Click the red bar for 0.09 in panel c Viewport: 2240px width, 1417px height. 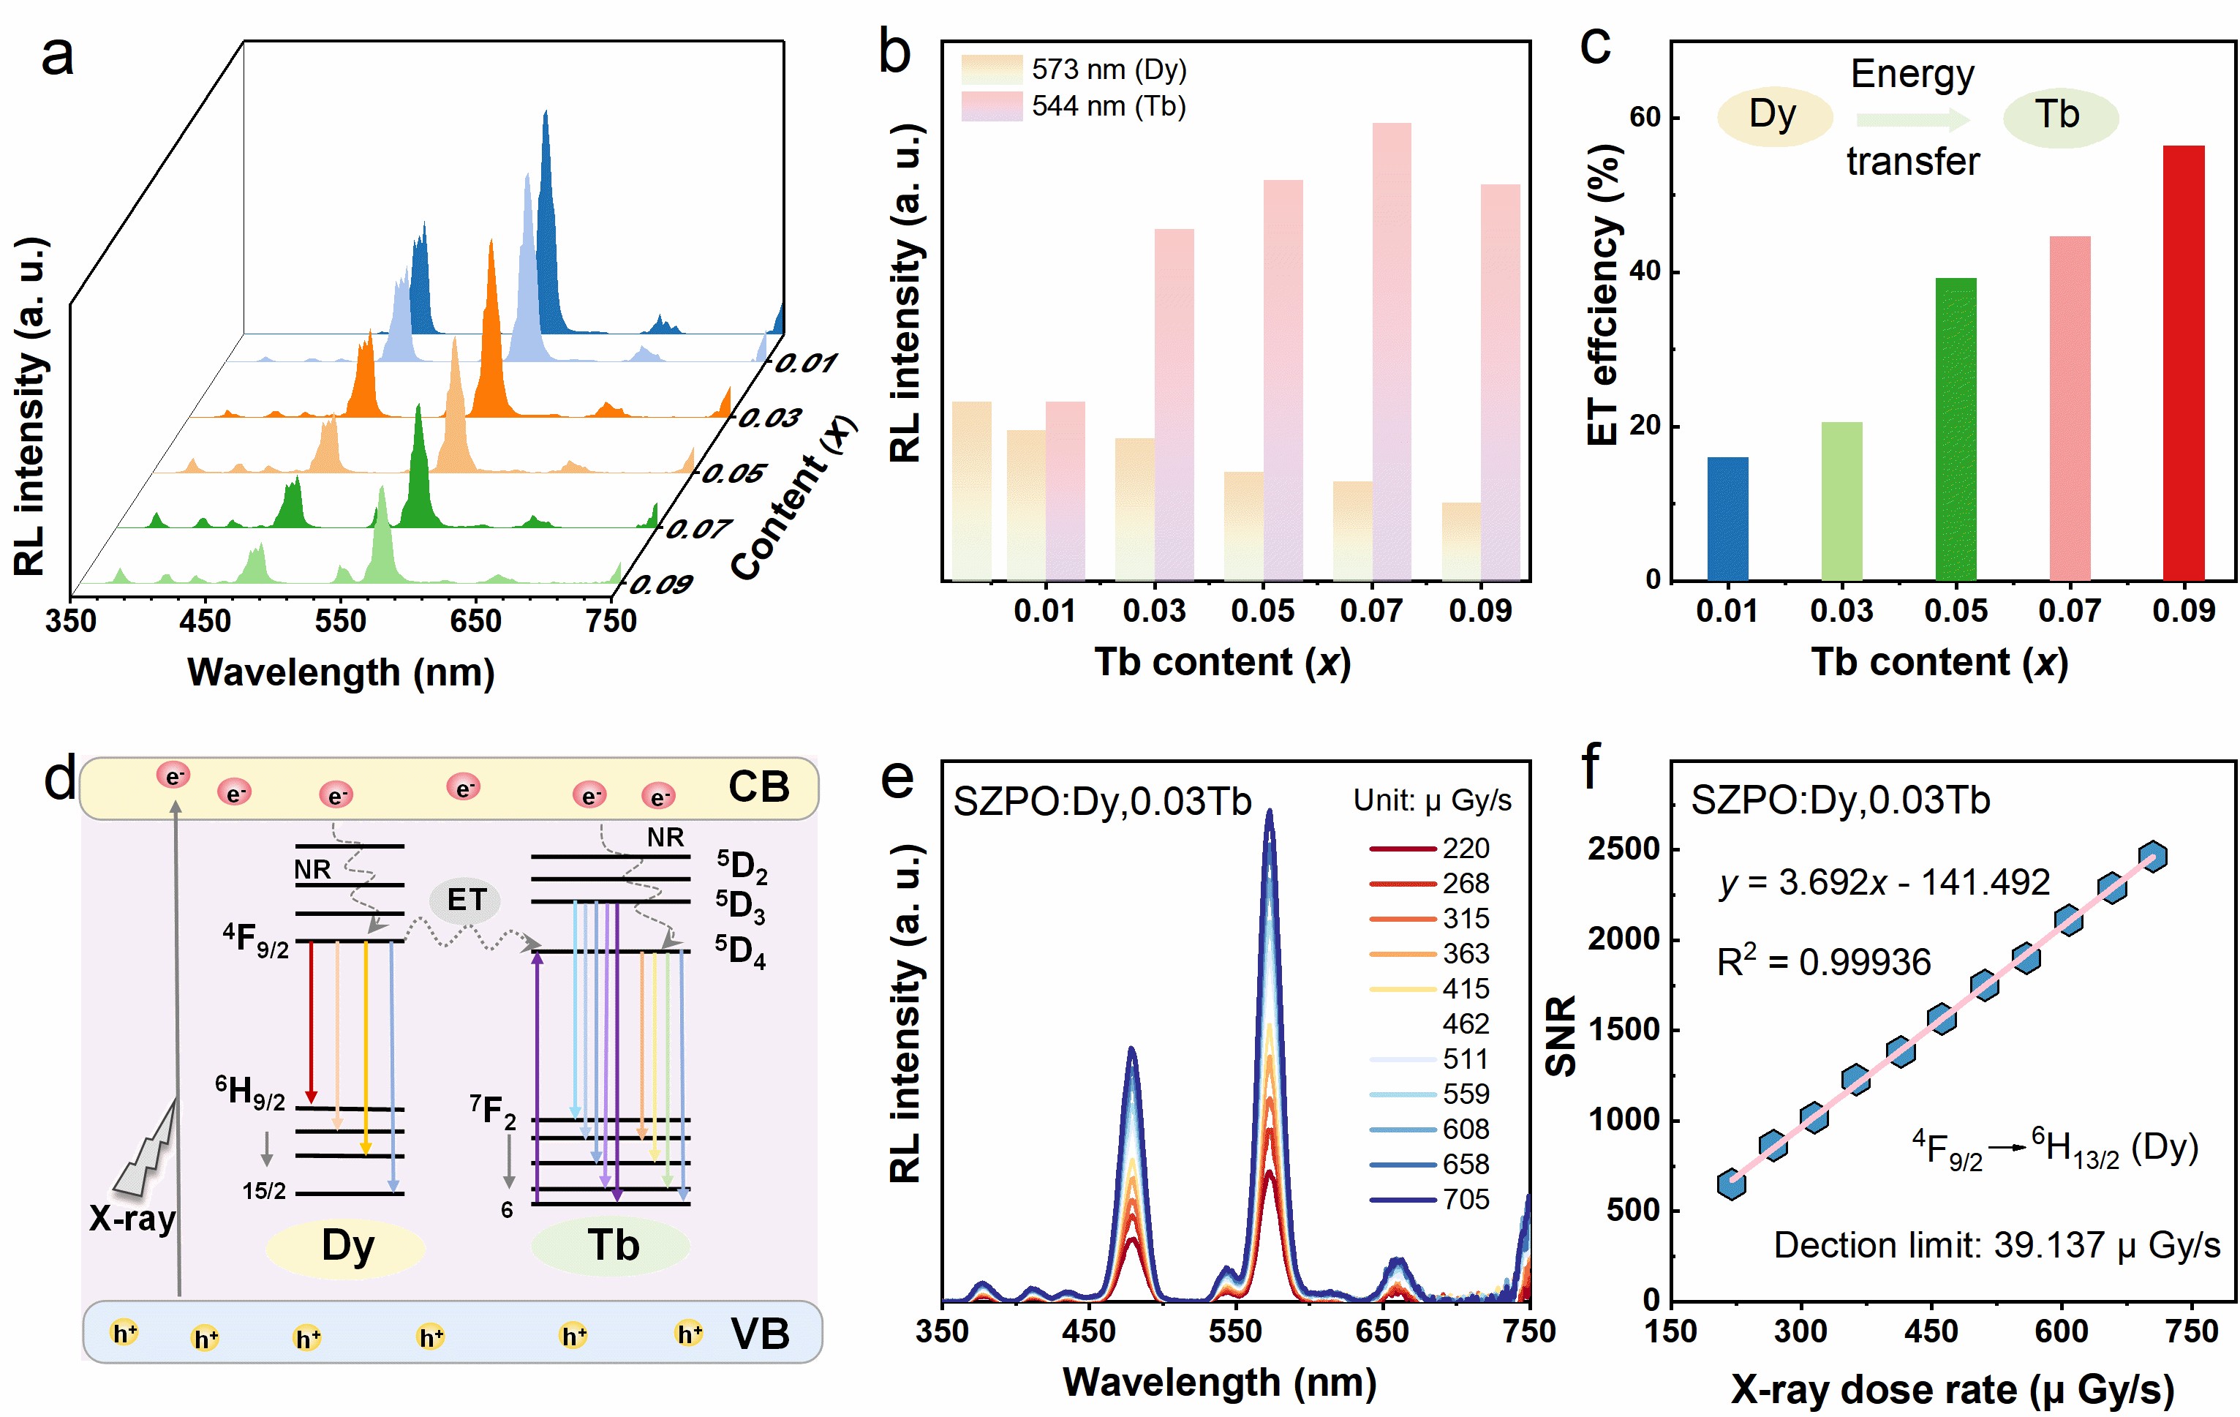[2183, 363]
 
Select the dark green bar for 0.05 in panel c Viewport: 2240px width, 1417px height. [1956, 429]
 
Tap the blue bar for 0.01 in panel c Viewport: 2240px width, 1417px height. [1727, 518]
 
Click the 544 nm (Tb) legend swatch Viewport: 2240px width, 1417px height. [991, 106]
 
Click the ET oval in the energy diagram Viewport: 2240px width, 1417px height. [466, 900]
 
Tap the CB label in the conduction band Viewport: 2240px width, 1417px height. [758, 788]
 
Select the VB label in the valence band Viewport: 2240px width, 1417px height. [760, 1334]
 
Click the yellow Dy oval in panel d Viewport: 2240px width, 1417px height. [347, 1246]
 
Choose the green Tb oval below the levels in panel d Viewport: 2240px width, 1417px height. [612, 1246]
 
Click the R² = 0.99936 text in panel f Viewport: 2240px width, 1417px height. [1823, 962]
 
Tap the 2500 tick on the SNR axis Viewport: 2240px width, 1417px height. [1624, 849]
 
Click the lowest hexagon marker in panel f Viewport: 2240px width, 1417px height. [1731, 1184]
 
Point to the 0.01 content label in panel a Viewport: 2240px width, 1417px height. [806, 363]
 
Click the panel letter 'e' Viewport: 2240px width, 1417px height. [897, 777]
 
